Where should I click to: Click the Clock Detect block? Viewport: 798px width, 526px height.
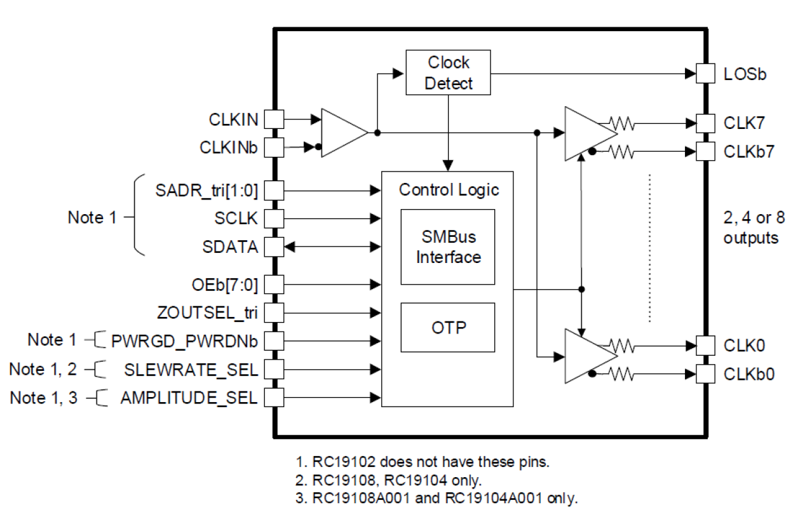pos(448,73)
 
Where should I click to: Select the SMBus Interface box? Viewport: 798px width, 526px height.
pos(447,247)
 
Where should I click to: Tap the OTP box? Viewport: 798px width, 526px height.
pos(447,327)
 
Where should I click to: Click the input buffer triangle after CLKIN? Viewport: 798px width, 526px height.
pos(343,133)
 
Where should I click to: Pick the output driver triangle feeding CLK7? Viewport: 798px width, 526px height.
pos(588,133)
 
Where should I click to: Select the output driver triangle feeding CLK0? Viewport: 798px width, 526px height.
pos(588,356)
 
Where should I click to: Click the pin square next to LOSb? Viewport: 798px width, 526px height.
pos(705,73)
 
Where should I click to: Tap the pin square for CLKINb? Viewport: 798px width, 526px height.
pos(273,148)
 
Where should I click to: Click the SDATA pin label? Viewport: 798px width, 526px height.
pos(231,248)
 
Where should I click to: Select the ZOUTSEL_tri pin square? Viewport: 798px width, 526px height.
pos(273,313)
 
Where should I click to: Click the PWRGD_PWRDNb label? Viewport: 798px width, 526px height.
pos(184,341)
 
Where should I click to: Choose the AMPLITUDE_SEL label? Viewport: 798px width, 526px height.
pos(189,398)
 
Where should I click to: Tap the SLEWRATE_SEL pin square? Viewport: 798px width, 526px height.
pos(273,370)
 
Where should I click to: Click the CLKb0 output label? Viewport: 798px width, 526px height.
pos(749,374)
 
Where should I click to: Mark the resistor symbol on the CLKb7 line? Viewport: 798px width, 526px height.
pos(621,152)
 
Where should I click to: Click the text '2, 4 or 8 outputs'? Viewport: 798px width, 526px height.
pos(754,228)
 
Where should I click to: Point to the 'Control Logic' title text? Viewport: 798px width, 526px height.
pos(449,189)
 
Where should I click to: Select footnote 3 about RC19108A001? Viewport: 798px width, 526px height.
pos(436,499)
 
